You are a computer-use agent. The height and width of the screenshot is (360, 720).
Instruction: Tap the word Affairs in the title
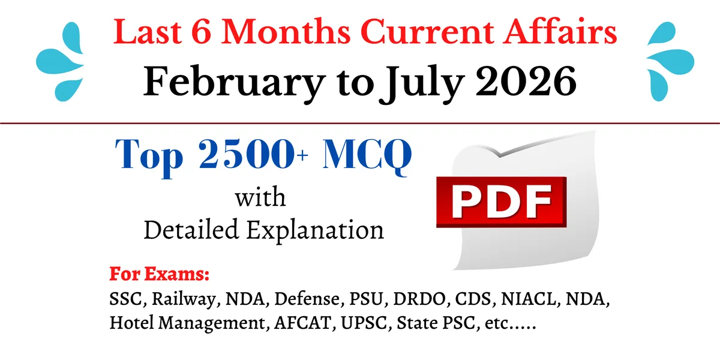(x=560, y=31)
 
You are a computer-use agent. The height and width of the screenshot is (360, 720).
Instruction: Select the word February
(x=234, y=82)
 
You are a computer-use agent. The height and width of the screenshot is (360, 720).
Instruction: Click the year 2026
(x=526, y=81)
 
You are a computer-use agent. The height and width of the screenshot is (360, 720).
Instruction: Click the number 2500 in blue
(x=247, y=154)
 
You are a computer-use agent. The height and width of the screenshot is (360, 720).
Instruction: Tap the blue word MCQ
(x=367, y=155)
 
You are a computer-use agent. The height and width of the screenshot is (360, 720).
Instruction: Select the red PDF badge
(x=501, y=202)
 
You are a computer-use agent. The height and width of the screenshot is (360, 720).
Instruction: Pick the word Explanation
(x=316, y=231)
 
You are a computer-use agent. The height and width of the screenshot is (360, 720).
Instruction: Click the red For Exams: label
(x=160, y=274)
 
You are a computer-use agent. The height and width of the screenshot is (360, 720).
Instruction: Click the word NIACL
(x=529, y=299)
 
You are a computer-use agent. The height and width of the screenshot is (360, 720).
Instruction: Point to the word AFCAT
(x=303, y=323)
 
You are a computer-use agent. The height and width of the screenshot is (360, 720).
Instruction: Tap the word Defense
(x=307, y=299)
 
